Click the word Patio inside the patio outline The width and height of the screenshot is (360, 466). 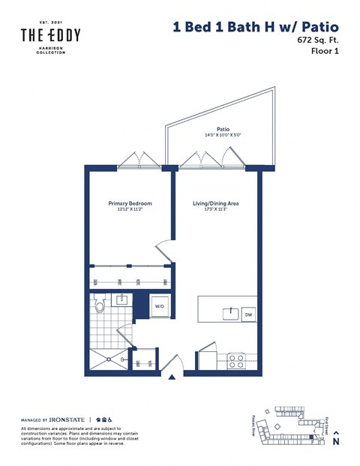[x=222, y=128]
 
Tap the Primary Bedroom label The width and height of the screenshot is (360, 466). [x=130, y=203]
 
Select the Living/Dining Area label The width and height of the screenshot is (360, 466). [x=216, y=203]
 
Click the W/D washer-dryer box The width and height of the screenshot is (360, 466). [x=160, y=307]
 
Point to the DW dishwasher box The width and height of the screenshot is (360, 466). [x=247, y=315]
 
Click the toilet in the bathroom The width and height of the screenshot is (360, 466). [x=100, y=305]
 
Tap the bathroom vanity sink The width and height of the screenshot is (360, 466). [x=122, y=301]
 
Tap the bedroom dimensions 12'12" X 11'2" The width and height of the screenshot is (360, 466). [x=130, y=211]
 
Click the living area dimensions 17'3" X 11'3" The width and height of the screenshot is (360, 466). [x=216, y=211]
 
